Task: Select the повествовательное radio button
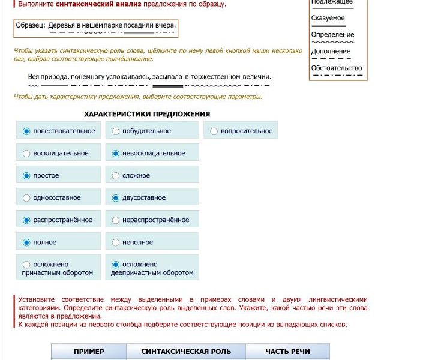point(26,131)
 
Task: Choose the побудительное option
point(116,131)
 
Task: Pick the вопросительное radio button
point(214,131)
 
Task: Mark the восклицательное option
point(26,154)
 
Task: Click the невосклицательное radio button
point(116,154)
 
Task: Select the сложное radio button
point(116,176)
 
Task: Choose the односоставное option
point(26,198)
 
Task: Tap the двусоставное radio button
point(116,198)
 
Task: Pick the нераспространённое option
point(116,220)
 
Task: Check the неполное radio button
point(116,242)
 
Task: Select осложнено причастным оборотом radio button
point(26,264)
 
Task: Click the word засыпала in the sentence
point(167,77)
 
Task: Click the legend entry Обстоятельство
point(337,68)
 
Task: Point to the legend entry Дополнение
point(331,52)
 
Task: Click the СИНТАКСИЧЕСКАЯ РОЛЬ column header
point(185,352)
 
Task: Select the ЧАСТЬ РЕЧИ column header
point(287,352)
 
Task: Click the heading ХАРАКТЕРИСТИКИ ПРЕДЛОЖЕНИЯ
point(147,114)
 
